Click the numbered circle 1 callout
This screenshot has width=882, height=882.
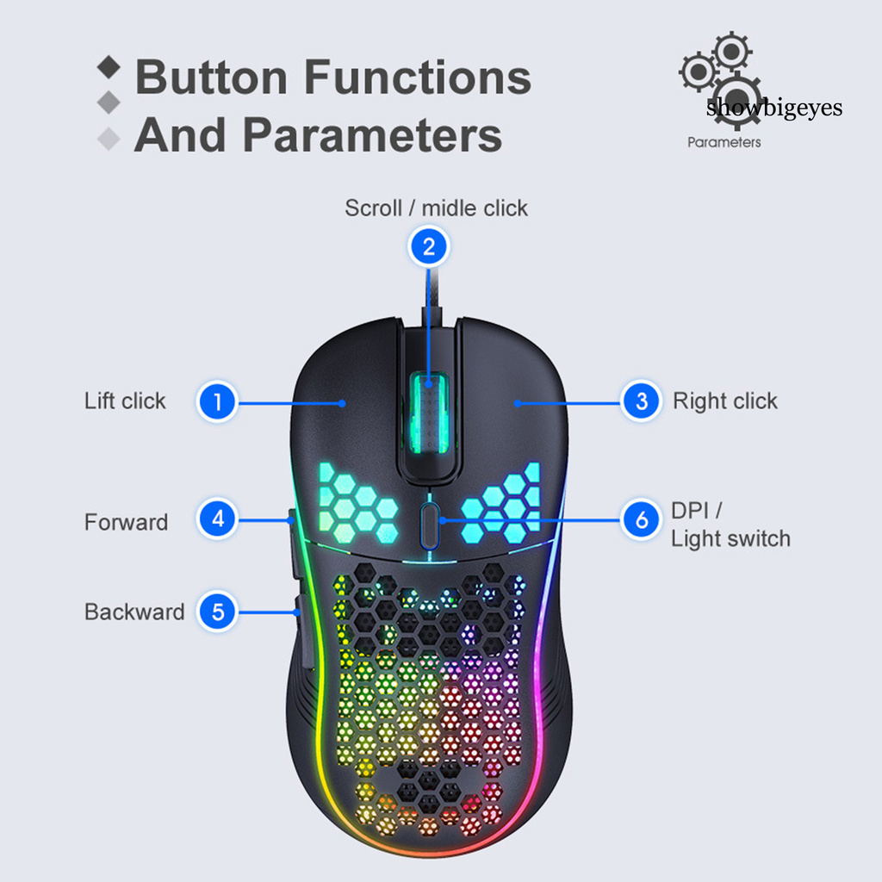(x=218, y=401)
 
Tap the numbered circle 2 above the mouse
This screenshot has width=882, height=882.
(x=428, y=248)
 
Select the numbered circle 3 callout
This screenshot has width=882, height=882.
(x=641, y=401)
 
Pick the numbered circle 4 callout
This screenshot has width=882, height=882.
(x=218, y=519)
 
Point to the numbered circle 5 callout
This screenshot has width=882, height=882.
(x=218, y=612)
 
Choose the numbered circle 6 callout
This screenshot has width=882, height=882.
(x=641, y=519)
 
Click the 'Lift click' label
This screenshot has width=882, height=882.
(x=125, y=401)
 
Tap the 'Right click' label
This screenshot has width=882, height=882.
(x=724, y=401)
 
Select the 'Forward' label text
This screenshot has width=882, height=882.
(x=126, y=523)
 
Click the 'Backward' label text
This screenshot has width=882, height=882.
(x=134, y=612)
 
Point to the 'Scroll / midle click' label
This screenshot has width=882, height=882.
(x=436, y=208)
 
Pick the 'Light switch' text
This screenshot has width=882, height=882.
(x=730, y=539)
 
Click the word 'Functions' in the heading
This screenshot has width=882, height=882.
(x=418, y=78)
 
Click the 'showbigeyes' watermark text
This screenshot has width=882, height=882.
(x=773, y=109)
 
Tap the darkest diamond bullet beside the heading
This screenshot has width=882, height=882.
(x=109, y=66)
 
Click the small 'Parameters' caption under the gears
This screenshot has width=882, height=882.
(x=724, y=142)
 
